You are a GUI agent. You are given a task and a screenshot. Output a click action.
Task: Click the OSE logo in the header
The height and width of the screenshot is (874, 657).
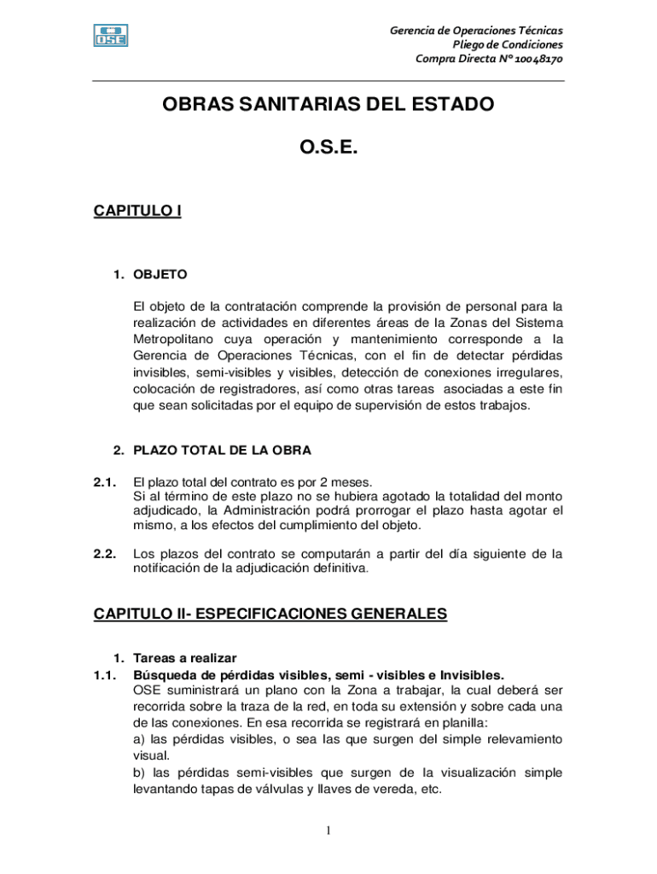tap(111, 36)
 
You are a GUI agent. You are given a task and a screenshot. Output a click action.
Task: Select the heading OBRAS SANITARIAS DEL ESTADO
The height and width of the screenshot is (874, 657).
tap(328, 105)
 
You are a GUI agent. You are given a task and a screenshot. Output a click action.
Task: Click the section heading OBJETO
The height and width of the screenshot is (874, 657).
tap(160, 275)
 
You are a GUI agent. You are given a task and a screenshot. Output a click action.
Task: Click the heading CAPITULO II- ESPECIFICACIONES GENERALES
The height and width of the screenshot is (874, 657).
tap(270, 614)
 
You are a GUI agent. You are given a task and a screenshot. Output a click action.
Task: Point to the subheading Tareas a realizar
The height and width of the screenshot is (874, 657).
tap(185, 658)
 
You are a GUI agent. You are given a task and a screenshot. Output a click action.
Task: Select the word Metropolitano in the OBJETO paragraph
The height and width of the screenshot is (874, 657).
tap(173, 339)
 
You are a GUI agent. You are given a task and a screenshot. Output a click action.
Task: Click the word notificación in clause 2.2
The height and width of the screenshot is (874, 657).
tap(168, 568)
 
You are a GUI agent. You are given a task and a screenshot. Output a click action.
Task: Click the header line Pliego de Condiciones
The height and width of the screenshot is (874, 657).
tap(507, 44)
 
